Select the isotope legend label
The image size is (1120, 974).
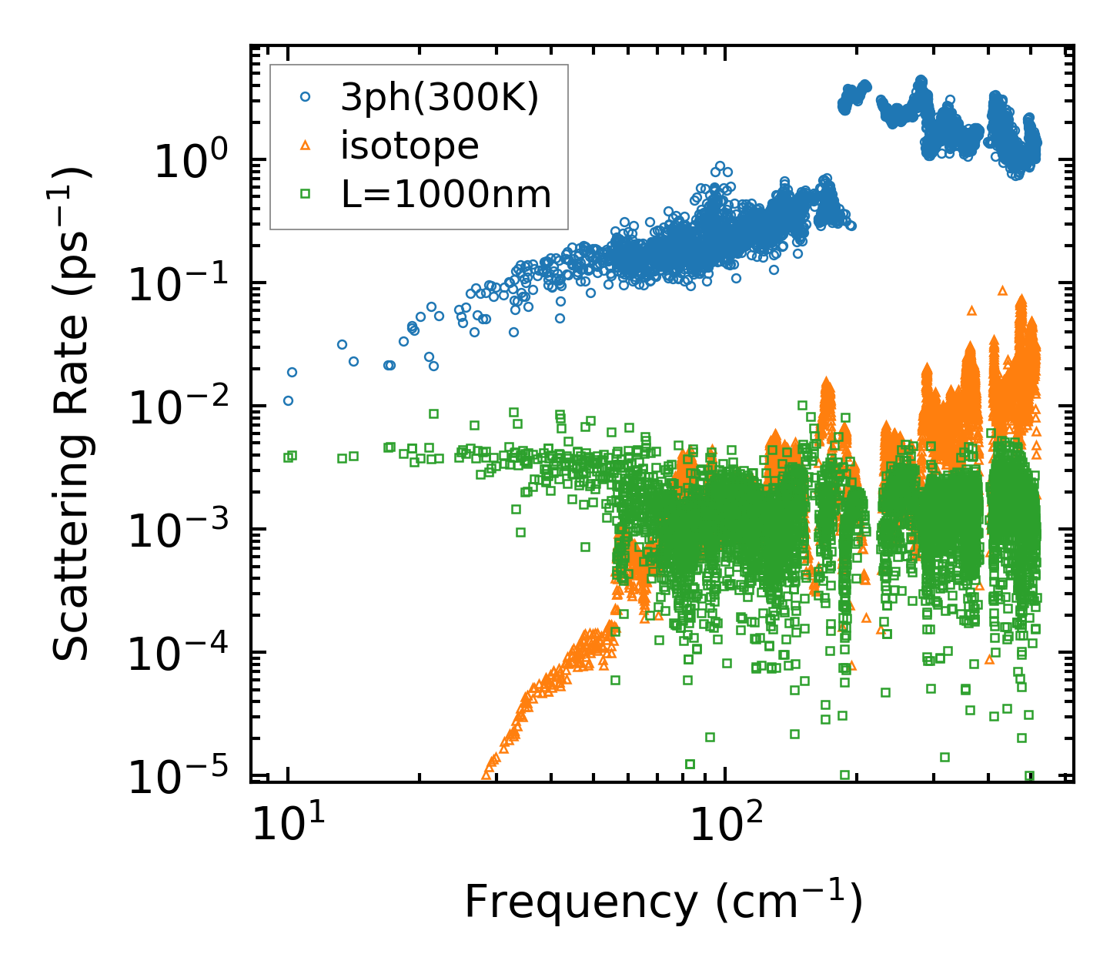(x=410, y=146)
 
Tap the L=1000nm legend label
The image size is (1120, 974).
(x=446, y=195)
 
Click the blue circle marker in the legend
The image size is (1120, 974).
(x=306, y=97)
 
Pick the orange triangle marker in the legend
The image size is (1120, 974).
(x=306, y=145)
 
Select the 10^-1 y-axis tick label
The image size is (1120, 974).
(x=183, y=286)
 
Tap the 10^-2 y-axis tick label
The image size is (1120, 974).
(x=183, y=409)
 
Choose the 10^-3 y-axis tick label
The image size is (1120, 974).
(x=183, y=532)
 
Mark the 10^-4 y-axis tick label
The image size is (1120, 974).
(x=183, y=655)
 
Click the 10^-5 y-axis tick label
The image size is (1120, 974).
(x=183, y=778)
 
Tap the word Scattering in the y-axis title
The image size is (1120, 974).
(x=71, y=546)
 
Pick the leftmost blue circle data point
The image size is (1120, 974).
(x=288, y=400)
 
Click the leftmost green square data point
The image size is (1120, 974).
(x=288, y=457)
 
